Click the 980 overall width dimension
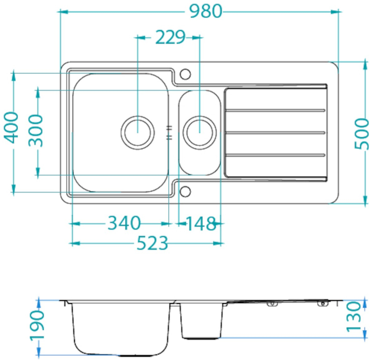pos(206,11)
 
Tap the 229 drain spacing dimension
pos(170,37)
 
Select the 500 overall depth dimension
pos(362,134)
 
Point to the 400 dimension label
pos(11,127)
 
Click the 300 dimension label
pos(36,131)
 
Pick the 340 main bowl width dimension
pos(124,223)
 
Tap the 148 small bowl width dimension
pos(201,224)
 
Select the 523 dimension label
pos(152,243)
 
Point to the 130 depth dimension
pos(353,317)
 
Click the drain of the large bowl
pos(137,133)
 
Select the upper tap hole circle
pos(185,74)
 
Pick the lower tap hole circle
pos(185,191)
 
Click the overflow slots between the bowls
pos(169,132)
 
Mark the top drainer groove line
pos(275,110)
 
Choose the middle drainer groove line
pos(275,133)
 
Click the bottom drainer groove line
pos(275,155)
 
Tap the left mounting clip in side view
pos(272,304)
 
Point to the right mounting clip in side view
pos(323,303)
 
